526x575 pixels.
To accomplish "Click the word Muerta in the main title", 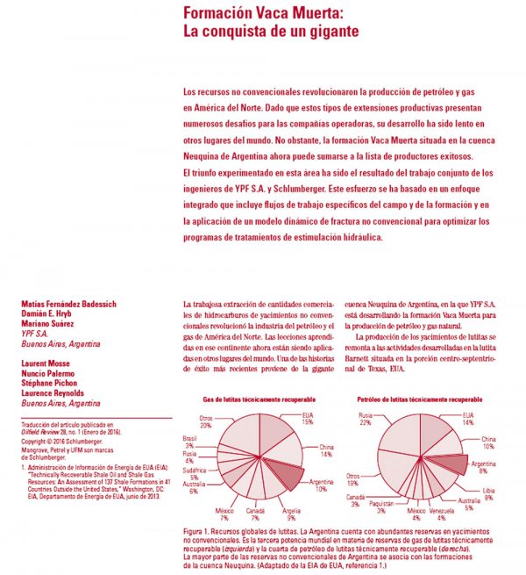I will pyautogui.click(x=307, y=15).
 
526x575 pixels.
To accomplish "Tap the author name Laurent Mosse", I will pyautogui.click(x=49, y=363).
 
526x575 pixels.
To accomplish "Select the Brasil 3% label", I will pyautogui.click(x=188, y=441).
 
